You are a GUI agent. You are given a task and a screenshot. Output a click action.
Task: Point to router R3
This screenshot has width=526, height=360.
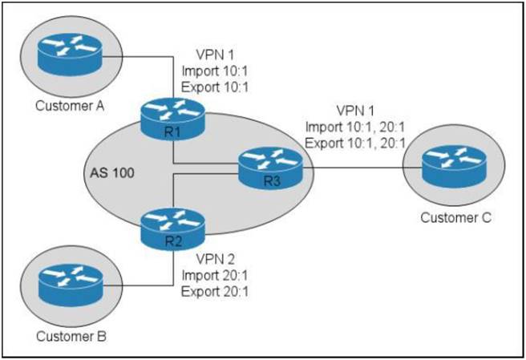coord(269,168)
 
